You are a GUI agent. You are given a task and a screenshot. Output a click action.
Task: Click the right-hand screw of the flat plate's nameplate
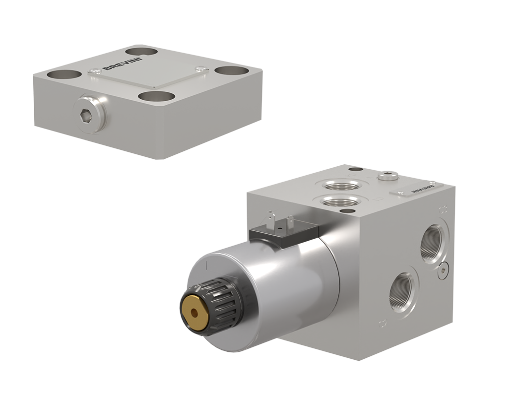coord(199,69)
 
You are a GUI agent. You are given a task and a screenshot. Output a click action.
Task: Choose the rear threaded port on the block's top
coord(342,186)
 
